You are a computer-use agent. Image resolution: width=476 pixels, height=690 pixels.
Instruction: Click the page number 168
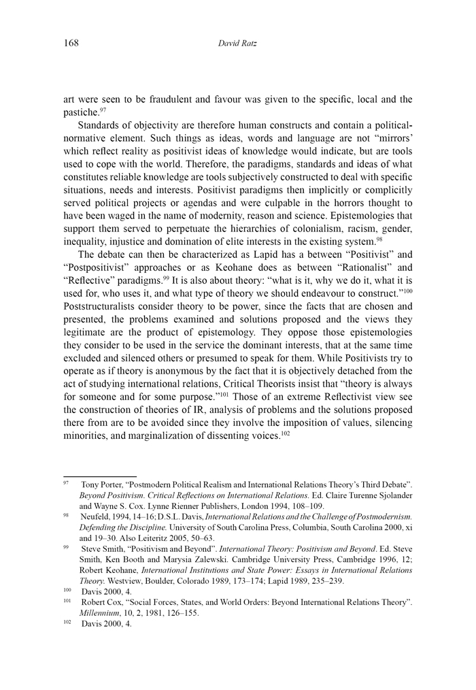click(71, 44)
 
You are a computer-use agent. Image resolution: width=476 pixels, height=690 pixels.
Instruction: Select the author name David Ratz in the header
click(237, 44)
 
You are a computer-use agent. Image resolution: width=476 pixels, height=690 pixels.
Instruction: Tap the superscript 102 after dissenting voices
click(285, 433)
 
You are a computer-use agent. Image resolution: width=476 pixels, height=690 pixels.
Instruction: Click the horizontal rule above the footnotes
click(100, 477)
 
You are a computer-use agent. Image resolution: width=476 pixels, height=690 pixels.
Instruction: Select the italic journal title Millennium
click(101, 612)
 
